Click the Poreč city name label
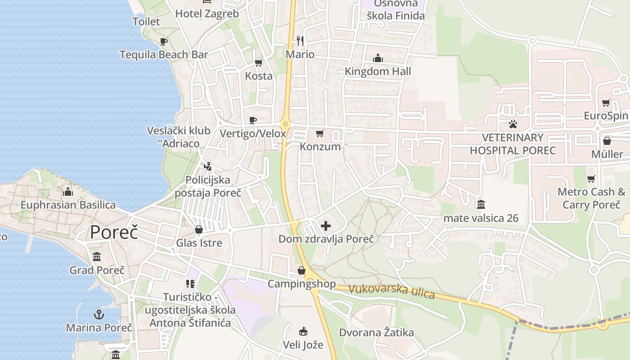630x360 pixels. tap(114, 232)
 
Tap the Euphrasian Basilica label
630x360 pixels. tap(68, 205)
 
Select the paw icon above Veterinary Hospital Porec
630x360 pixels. tap(513, 123)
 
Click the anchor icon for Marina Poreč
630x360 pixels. tap(99, 314)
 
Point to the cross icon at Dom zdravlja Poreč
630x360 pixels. tap(326, 225)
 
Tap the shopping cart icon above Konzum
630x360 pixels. tap(320, 133)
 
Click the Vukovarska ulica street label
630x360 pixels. tap(391, 292)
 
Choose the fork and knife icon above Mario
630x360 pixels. tap(300, 41)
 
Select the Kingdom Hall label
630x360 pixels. tap(378, 71)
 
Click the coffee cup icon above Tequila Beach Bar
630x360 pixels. tap(164, 41)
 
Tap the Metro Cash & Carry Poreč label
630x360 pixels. tap(591, 198)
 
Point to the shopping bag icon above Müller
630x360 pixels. tap(607, 141)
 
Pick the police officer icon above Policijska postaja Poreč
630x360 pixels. tap(207, 166)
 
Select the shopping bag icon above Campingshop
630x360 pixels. tap(301, 270)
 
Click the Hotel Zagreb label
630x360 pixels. tap(207, 13)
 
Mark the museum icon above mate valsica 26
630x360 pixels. tap(481, 205)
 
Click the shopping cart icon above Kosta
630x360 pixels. tap(258, 63)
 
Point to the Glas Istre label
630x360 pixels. tap(199, 243)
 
